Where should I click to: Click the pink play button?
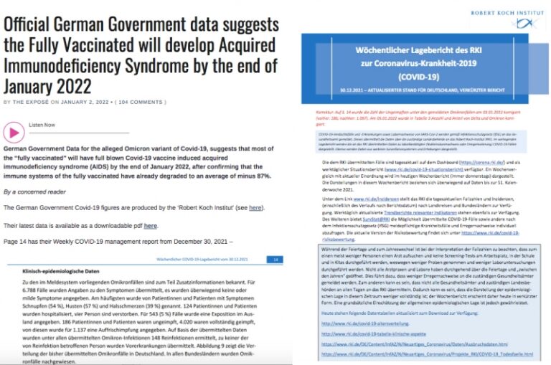click(x=14, y=132)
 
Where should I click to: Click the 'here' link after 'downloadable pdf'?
click(x=150, y=225)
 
